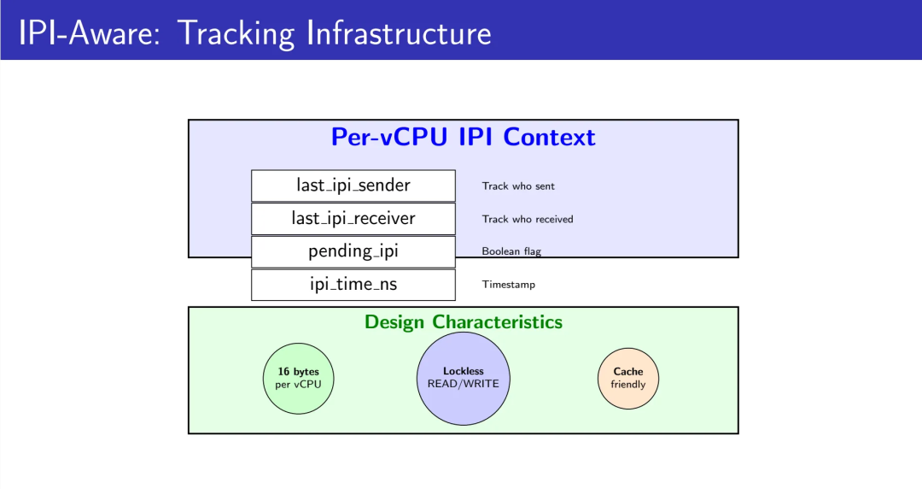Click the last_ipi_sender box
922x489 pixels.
[x=353, y=186]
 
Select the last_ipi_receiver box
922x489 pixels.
[x=353, y=219]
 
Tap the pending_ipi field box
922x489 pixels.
[x=353, y=251]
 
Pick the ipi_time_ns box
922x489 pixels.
[x=353, y=285]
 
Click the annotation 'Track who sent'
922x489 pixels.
[x=518, y=186]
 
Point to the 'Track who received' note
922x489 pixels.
[x=528, y=219]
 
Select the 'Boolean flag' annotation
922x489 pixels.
[x=511, y=251]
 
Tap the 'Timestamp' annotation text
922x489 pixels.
[x=509, y=285]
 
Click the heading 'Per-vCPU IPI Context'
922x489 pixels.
[x=464, y=138]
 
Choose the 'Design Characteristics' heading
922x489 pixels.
[x=464, y=321]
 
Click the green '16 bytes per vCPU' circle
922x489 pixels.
[x=298, y=378]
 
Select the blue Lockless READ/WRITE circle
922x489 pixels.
[x=464, y=378]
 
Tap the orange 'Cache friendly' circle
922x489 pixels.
[x=628, y=378]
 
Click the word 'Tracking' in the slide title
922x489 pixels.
[x=236, y=33]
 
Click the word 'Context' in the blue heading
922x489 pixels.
[x=549, y=138]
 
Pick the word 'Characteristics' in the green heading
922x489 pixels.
[x=498, y=321]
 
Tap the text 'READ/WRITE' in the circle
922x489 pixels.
[x=464, y=384]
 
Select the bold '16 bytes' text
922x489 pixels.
[x=298, y=372]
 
